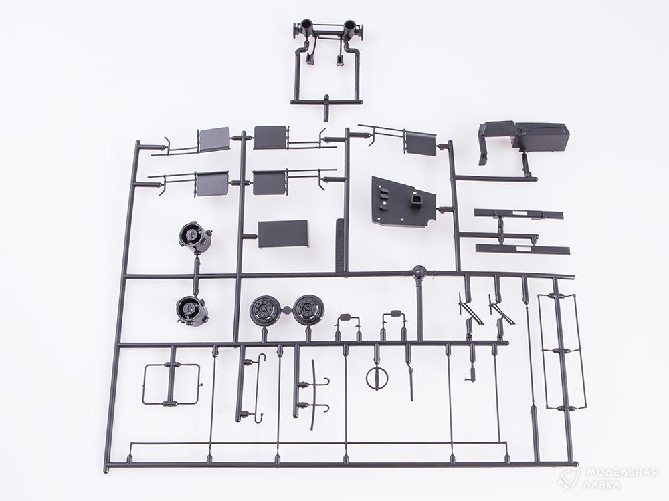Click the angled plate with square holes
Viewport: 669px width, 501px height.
coord(403,202)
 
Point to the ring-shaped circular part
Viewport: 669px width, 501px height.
coord(377,377)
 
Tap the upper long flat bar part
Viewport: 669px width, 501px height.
coord(518,214)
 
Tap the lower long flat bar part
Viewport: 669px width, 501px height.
coord(522,249)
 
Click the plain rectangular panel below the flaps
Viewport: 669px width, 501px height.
coord(283,234)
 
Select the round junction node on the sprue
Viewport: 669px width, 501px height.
coord(419,271)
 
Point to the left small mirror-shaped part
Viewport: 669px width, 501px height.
coord(348,317)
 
